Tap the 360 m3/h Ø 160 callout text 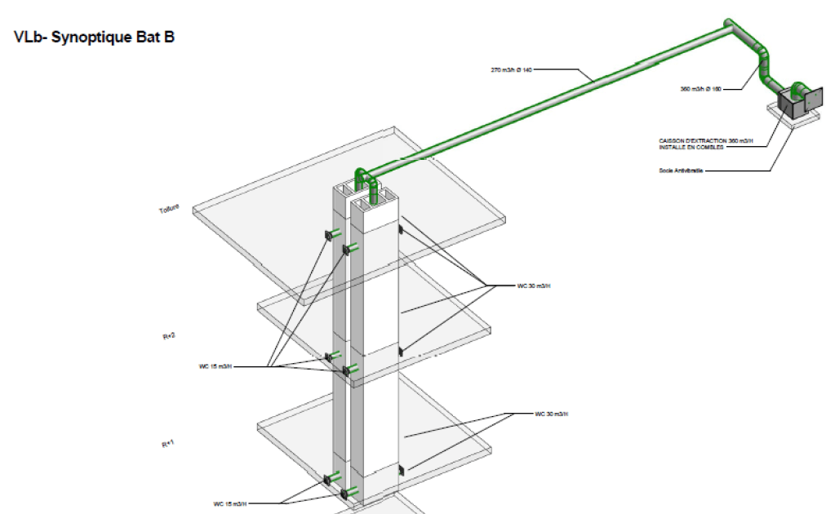coord(700,88)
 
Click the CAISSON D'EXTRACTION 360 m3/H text coord(706,141)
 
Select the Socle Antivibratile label coord(681,171)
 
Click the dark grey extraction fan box coord(788,104)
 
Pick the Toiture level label coord(168,210)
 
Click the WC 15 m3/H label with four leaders coord(215,366)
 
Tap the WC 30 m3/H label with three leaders coord(534,286)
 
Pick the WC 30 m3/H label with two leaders coord(551,414)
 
